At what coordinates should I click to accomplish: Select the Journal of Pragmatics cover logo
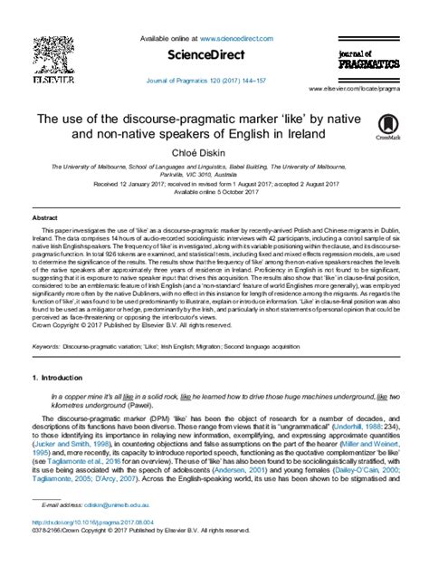[x=369, y=62]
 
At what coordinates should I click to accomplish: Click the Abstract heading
[x=44, y=218]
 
